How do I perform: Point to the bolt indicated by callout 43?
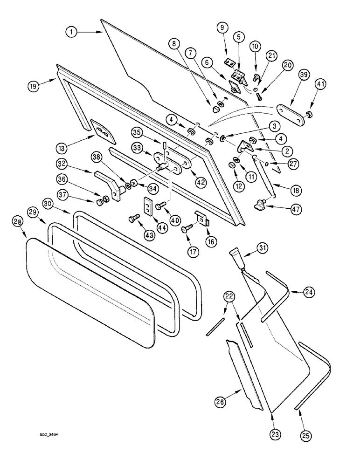(135, 217)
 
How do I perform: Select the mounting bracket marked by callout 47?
(263, 203)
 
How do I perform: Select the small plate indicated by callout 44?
(149, 206)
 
